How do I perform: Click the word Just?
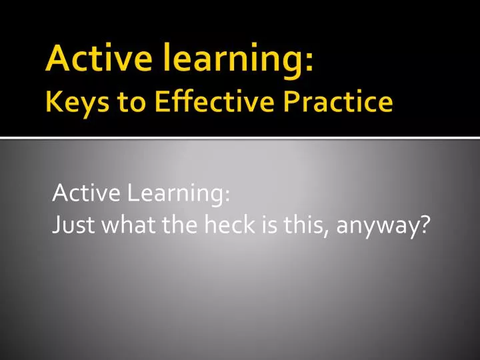70,227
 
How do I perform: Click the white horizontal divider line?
240,138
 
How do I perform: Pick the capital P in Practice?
288,103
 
